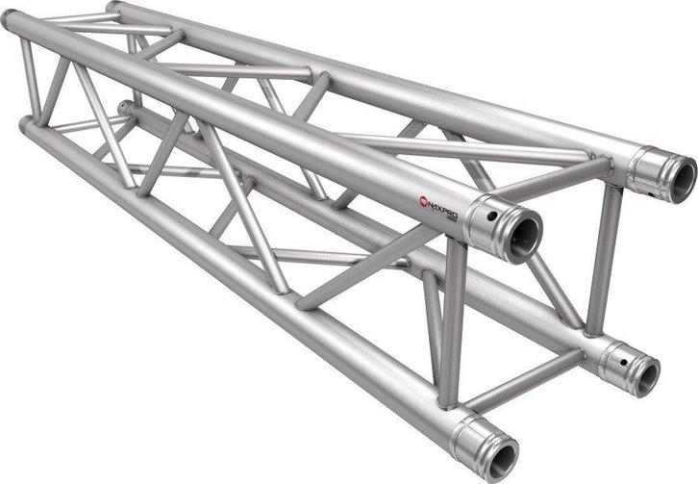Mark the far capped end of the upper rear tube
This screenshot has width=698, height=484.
click(x=112, y=7)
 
